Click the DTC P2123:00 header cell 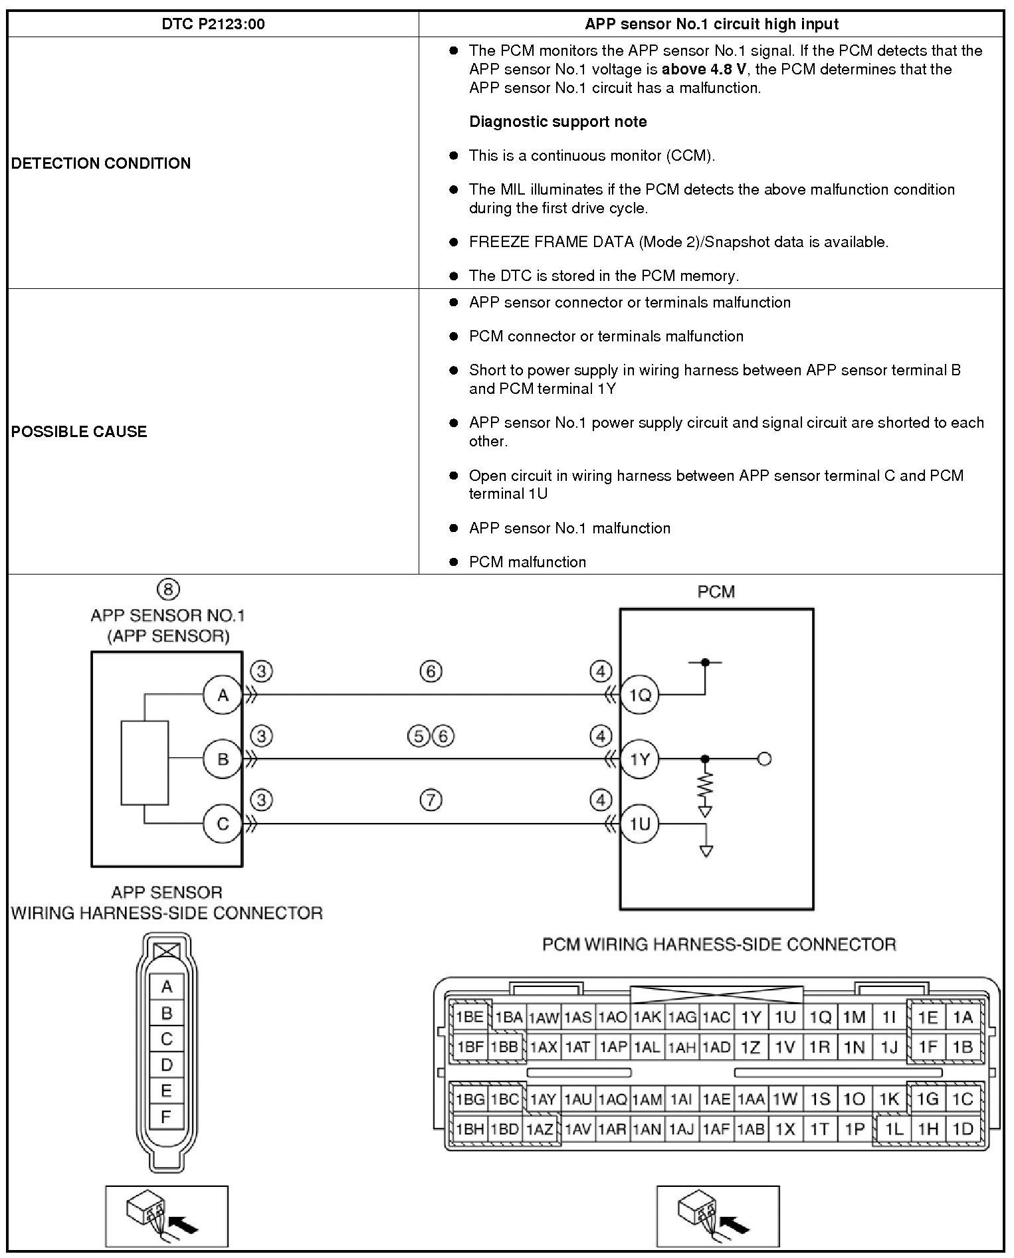point(213,25)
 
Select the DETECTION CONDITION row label point(101,163)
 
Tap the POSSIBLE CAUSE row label point(79,432)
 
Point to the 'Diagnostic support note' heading point(558,122)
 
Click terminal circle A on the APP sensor point(223,695)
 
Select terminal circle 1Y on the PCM point(639,759)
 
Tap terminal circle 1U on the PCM point(639,824)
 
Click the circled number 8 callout point(168,589)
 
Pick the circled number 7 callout point(431,800)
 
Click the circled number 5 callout point(418,736)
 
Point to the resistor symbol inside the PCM point(705,785)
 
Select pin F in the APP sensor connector point(166,1117)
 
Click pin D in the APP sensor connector point(166,1065)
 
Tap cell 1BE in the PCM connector point(470,1017)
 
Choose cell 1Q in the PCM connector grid point(820,1017)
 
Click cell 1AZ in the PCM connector point(540,1128)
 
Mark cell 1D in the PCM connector point(962,1128)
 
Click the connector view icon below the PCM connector point(718,1216)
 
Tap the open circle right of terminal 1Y point(764,759)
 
